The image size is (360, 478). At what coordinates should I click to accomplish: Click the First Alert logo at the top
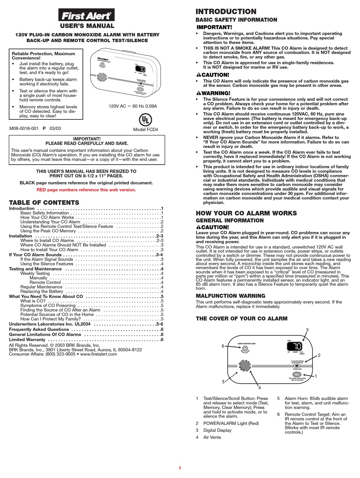pos(86,15)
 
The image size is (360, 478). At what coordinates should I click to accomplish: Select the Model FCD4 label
pos(146,130)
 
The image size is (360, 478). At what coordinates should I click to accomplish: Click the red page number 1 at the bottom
pos(180,468)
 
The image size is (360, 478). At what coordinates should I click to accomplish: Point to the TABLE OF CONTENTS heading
pos(44,202)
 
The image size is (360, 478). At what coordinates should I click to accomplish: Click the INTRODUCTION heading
pos(226,12)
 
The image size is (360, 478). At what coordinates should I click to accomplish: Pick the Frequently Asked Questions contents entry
pos(40,329)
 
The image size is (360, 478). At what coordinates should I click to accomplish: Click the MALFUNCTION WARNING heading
pos(230,296)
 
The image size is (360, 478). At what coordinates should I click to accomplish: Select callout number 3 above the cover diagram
pos(307,330)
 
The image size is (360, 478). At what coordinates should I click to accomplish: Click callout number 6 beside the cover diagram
pos(223,346)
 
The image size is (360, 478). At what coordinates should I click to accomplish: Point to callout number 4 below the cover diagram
pos(260,387)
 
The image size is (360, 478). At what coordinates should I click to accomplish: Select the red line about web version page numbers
pos(86,190)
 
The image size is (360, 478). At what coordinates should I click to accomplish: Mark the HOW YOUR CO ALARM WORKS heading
pos(246,213)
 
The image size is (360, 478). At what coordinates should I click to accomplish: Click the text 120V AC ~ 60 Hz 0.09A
pos(133,106)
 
